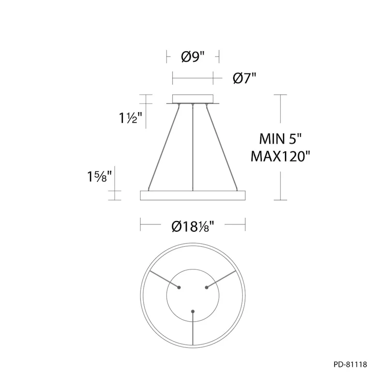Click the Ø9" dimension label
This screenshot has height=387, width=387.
[x=193, y=57]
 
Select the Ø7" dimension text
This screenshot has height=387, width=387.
[x=244, y=78]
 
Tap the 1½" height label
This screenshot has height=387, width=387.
[x=130, y=118]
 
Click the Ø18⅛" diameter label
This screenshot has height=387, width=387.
[x=193, y=226]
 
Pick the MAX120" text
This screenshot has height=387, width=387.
[x=280, y=156]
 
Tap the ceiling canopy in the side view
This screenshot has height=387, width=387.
[x=193, y=98]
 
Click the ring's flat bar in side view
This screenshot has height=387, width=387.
[x=193, y=195]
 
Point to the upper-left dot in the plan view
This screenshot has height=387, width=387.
[x=179, y=287]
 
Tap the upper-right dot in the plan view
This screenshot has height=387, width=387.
[x=207, y=287]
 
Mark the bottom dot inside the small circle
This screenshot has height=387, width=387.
[x=193, y=311]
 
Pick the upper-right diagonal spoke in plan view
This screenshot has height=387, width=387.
[x=224, y=279]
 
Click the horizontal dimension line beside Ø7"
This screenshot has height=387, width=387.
[x=193, y=78]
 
